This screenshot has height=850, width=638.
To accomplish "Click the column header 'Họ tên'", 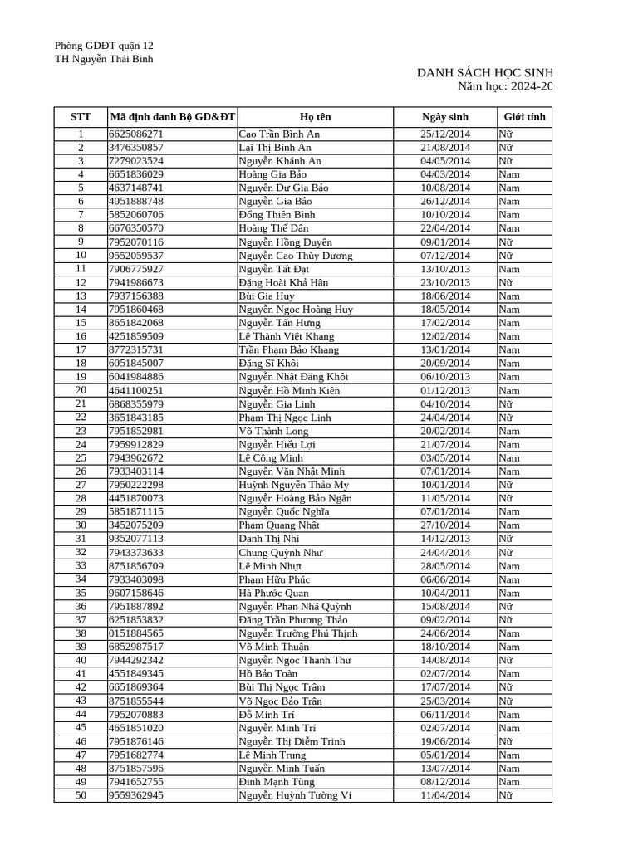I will [x=315, y=117].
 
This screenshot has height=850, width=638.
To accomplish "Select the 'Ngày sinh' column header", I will [x=445, y=117].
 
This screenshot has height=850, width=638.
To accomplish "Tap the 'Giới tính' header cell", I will [x=524, y=117].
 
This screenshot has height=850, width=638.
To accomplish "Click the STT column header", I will [x=81, y=117].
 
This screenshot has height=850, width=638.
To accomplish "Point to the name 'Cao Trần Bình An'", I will [x=279, y=134].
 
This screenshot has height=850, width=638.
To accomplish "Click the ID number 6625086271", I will [x=136, y=134].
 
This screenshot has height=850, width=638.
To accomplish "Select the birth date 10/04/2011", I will [x=445, y=594].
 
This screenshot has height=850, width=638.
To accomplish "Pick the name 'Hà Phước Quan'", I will [x=273, y=594].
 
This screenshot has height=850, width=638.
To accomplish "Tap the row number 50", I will [x=81, y=795].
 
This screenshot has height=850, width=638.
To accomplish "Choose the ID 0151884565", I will [x=136, y=633].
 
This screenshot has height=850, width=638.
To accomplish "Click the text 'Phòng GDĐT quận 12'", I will [x=104, y=46].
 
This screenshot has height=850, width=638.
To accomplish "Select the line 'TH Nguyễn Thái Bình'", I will [x=104, y=59].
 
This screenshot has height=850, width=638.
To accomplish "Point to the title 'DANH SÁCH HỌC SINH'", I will [x=484, y=74].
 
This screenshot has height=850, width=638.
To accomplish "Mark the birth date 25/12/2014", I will [x=445, y=134].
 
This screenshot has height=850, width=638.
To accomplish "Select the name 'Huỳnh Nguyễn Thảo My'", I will [x=294, y=485].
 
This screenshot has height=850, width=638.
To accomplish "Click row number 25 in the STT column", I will [x=81, y=457].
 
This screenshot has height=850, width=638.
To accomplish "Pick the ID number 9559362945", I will [x=136, y=795].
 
